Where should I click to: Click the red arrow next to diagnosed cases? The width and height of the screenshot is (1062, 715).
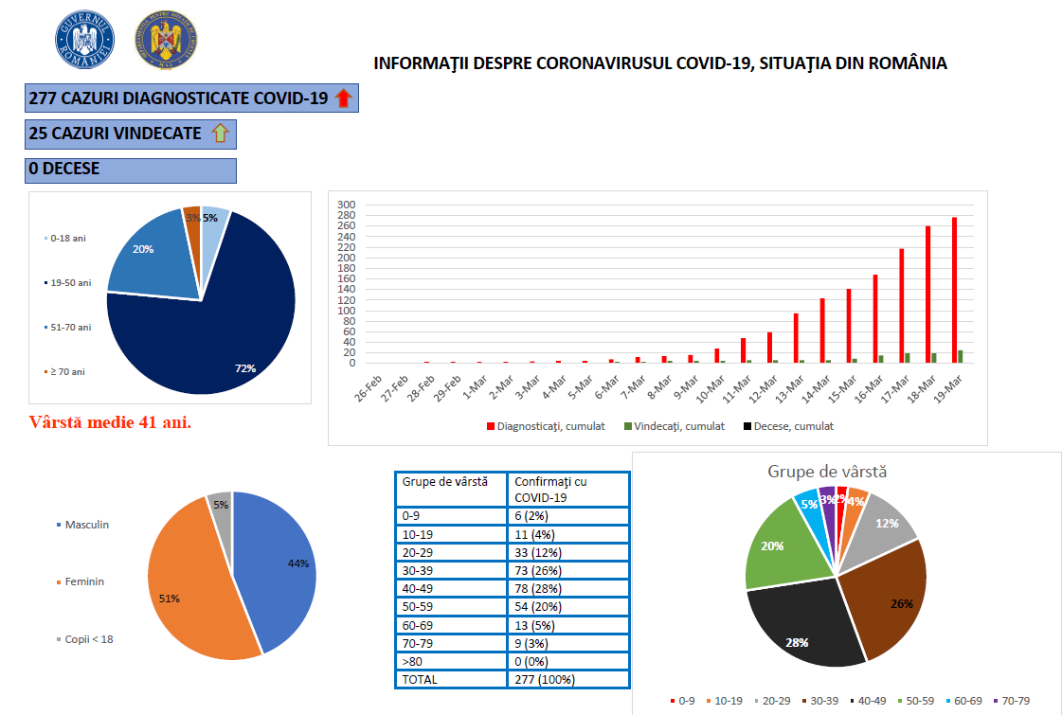tap(344, 98)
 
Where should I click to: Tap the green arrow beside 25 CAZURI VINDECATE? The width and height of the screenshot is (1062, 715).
tap(220, 134)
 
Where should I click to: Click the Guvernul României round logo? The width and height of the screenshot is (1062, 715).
tap(86, 39)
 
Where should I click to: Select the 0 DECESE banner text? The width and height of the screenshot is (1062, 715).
tap(64, 170)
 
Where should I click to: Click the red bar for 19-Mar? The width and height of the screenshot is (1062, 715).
tap(954, 290)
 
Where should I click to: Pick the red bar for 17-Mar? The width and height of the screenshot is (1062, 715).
tap(901, 305)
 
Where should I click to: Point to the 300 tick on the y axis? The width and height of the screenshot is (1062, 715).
tap(346, 205)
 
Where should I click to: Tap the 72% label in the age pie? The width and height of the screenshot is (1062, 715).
tap(246, 367)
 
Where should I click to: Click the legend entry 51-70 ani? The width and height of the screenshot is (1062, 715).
tap(70, 327)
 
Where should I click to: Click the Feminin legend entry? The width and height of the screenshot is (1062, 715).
tap(84, 581)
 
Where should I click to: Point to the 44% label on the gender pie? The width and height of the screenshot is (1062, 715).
tap(298, 563)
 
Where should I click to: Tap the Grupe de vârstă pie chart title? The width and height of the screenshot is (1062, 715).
tap(827, 472)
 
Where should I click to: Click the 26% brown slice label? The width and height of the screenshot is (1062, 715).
tap(902, 603)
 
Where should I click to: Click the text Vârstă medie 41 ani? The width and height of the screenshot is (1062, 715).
tap(110, 422)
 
